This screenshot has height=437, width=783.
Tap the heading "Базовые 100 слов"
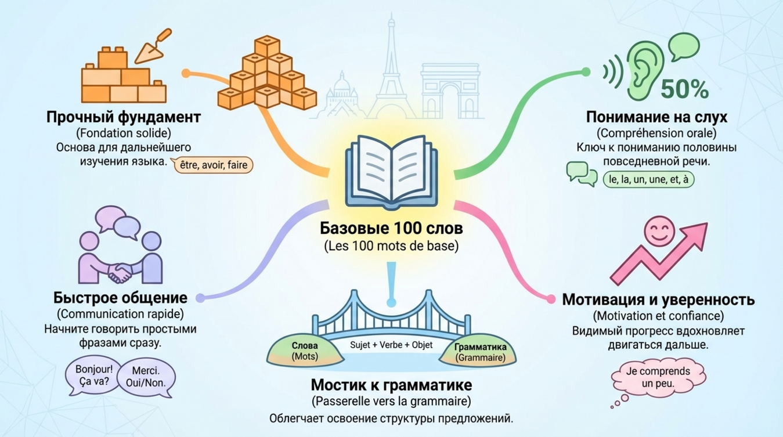[391, 229]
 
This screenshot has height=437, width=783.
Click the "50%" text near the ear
[685, 89]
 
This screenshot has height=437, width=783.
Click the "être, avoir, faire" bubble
[214, 165]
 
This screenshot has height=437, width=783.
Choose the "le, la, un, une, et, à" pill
[648, 179]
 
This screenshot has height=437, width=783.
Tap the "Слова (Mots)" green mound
[305, 351]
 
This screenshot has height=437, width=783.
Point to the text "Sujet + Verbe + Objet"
[391, 345]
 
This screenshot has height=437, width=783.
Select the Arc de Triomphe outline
[445, 90]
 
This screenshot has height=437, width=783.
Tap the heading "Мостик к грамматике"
[391, 385]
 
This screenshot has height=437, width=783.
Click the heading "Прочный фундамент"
[124, 117]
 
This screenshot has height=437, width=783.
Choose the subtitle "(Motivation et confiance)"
[658, 316]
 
